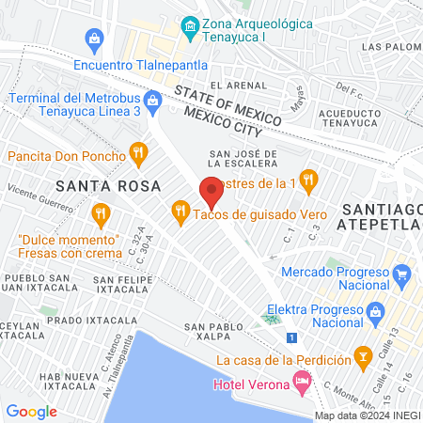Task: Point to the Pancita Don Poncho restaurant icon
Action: pyautogui.click(x=139, y=151)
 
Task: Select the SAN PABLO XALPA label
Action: pyautogui.click(x=222, y=330)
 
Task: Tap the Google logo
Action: pyautogui.click(x=31, y=411)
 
